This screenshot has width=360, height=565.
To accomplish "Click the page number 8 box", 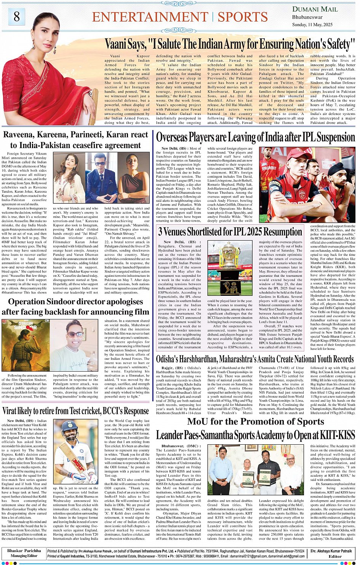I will (x=16, y=16).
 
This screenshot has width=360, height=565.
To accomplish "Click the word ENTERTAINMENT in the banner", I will (x=150, y=17).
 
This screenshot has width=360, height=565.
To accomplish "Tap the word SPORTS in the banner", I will (x=243, y=17).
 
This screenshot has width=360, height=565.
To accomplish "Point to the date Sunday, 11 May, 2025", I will (x=312, y=25).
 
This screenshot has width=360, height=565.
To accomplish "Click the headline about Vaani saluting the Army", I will (x=230, y=44).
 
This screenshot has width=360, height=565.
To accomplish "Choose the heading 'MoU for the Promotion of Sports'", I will (x=255, y=422).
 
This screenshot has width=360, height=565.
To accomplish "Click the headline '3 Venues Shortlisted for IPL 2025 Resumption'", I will (x=230, y=231).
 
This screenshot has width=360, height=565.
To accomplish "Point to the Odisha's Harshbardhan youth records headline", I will (x=255, y=359).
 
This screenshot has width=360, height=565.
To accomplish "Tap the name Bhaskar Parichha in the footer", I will (x=24, y=551).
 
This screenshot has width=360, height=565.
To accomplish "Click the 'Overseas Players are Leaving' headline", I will (x=255, y=137).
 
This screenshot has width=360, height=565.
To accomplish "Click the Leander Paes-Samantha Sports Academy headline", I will (x=255, y=435).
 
